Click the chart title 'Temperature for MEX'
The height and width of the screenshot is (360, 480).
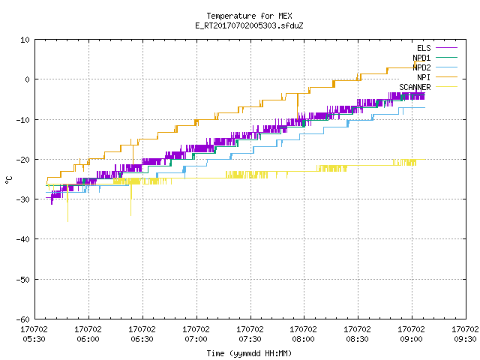pyautogui.click(x=249, y=16)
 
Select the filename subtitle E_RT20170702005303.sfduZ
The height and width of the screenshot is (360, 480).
pyautogui.click(x=249, y=25)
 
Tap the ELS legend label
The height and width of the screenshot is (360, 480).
pyautogui.click(x=424, y=48)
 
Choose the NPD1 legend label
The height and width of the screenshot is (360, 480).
pyautogui.click(x=421, y=58)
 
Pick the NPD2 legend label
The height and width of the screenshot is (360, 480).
pyautogui.click(x=421, y=67)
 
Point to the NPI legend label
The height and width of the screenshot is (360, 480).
pyautogui.click(x=424, y=77)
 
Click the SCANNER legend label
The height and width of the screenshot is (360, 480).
pyautogui.click(x=415, y=87)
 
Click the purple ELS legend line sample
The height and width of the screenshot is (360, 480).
pyautogui.click(x=446, y=48)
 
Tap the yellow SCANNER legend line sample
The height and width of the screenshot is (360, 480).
pyautogui.click(x=446, y=87)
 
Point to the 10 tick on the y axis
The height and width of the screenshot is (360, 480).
pyautogui.click(x=25, y=40)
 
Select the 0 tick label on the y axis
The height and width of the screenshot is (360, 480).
pyautogui.click(x=27, y=79)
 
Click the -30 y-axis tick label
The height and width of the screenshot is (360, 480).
pyautogui.click(x=23, y=199)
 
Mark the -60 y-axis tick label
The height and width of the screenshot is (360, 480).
pyautogui.click(x=23, y=319)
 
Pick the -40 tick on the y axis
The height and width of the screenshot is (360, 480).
pyautogui.click(x=23, y=239)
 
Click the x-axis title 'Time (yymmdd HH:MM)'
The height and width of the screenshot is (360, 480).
pyautogui.click(x=249, y=353)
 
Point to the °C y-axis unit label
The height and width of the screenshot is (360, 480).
pyautogui.click(x=8, y=180)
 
